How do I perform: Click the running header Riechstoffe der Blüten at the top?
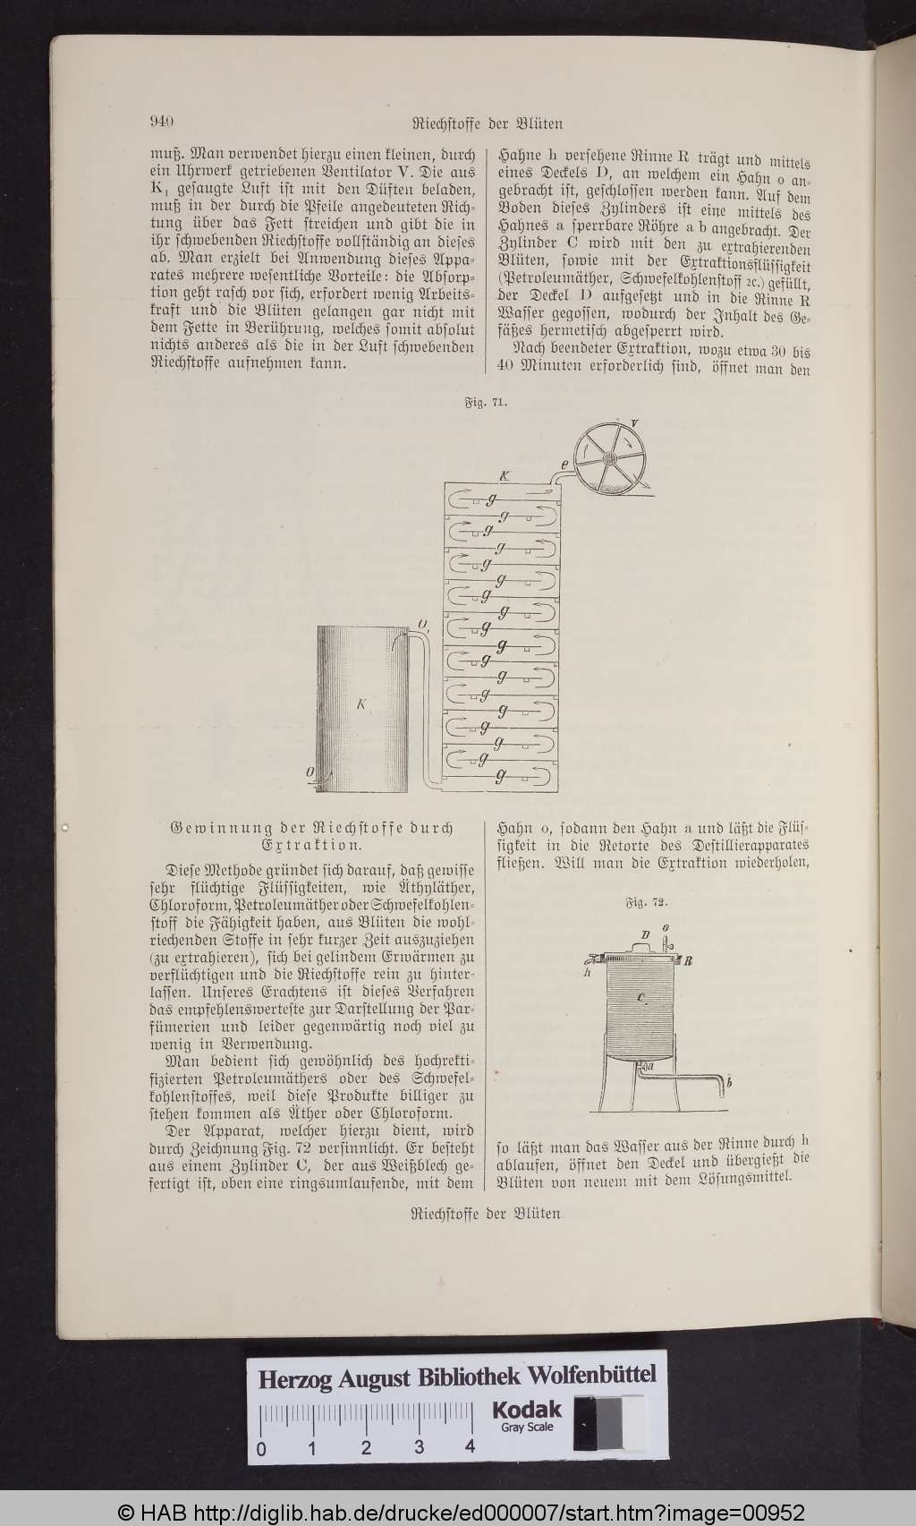point(487,124)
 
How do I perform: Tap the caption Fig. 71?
point(486,404)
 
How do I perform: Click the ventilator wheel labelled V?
point(613,458)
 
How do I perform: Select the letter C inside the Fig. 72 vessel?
point(641,996)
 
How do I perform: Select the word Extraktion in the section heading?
point(311,844)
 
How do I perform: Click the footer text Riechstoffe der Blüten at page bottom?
point(485,1214)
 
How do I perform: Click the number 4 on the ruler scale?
point(471,1448)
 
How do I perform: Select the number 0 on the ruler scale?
point(260,1448)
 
